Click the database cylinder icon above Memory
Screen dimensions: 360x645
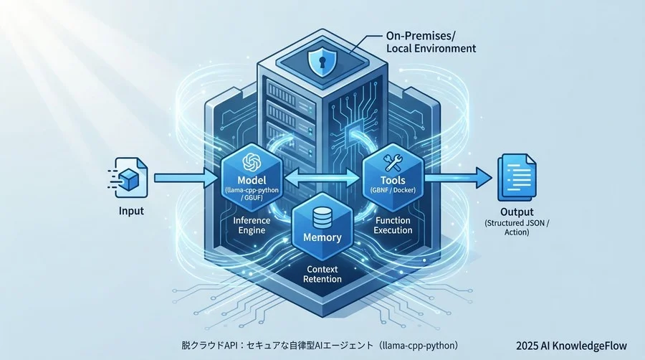(322, 214)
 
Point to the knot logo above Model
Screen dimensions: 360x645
(252, 162)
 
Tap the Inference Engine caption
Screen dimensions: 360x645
(252, 225)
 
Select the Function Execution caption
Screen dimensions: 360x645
(393, 225)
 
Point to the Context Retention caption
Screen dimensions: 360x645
(322, 273)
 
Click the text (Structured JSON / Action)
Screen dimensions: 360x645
(517, 227)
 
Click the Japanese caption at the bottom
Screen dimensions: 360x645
(319, 345)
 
